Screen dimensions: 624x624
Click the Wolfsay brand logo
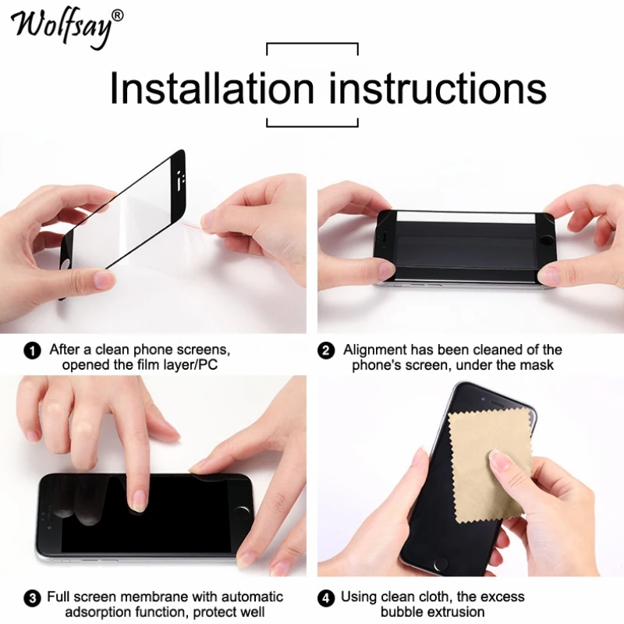pos(62,25)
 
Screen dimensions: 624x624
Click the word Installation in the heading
pos(212,88)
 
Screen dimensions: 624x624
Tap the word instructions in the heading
pos(438,88)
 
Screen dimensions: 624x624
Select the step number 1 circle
pos(33,351)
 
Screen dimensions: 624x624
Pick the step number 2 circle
pos(327,351)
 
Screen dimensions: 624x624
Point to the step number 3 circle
pos(33,598)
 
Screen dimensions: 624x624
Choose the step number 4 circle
pos(327,598)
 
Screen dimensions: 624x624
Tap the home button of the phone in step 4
pos(443,563)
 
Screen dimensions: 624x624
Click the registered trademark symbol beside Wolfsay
pos(118,15)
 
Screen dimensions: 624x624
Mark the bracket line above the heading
pos(312,44)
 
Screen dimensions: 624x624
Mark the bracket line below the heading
pos(312,126)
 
